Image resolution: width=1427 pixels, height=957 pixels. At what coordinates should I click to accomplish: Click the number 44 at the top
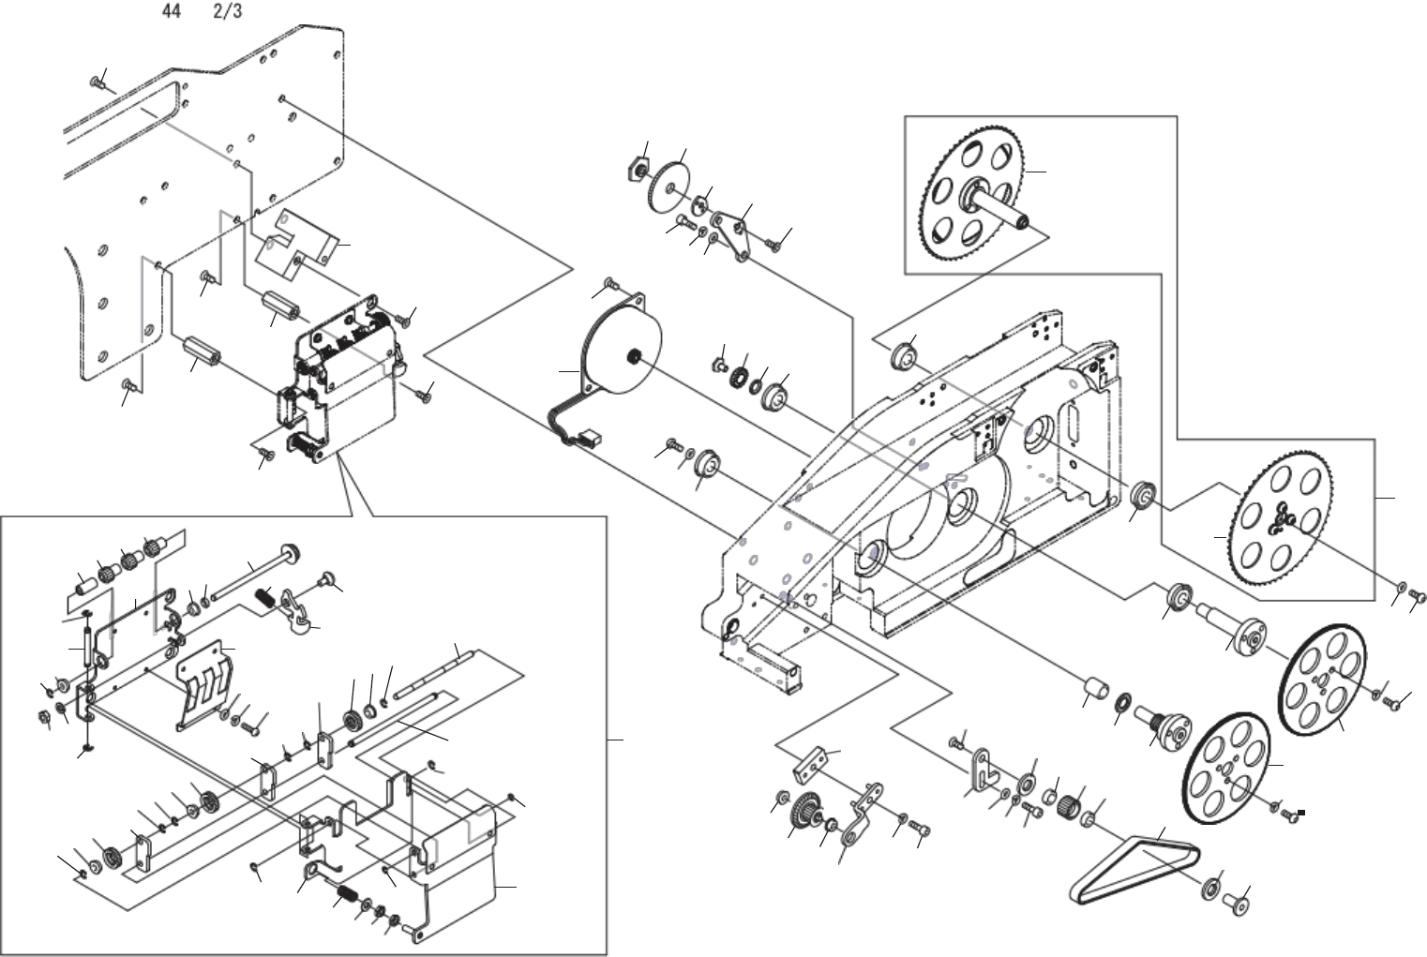pos(172,14)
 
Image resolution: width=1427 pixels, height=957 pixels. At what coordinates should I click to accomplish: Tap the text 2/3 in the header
pos(228,14)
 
